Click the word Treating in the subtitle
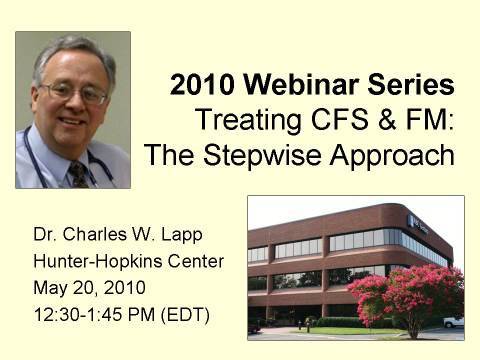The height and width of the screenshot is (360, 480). (x=244, y=121)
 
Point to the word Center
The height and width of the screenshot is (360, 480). (x=195, y=262)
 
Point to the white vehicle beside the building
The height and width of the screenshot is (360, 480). (x=454, y=322)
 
